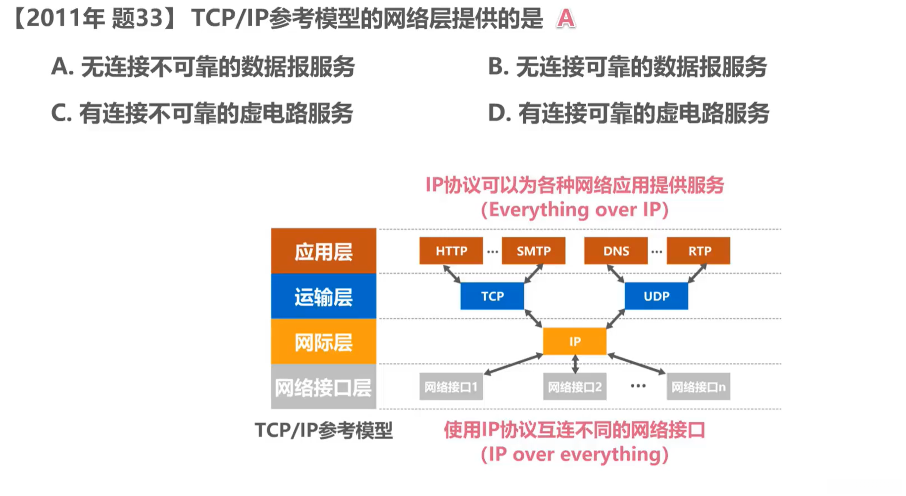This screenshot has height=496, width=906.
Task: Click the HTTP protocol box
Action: click(x=451, y=251)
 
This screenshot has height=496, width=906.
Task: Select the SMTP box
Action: click(x=533, y=251)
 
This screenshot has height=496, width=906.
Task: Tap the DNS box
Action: click(x=615, y=251)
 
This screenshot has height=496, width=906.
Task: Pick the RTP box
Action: click(x=698, y=251)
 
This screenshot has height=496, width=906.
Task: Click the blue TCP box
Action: click(x=492, y=296)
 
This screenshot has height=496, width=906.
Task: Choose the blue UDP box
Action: click(x=656, y=296)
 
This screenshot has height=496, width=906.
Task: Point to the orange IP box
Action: click(x=574, y=341)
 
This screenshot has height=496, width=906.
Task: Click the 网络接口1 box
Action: click(x=451, y=386)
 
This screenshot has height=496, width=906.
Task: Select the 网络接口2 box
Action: click(x=574, y=386)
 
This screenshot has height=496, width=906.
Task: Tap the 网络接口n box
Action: click(x=698, y=386)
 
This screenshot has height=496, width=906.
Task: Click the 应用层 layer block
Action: click(x=323, y=251)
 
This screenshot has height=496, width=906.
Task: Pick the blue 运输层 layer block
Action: click(x=323, y=296)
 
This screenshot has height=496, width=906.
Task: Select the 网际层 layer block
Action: click(x=323, y=342)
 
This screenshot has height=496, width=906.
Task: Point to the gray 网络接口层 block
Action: click(x=323, y=387)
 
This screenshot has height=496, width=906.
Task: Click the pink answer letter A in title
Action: click(x=565, y=19)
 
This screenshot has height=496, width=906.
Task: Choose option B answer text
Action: click(x=627, y=67)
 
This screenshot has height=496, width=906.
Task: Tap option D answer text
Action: click(x=628, y=113)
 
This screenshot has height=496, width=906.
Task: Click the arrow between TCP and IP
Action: click(x=533, y=319)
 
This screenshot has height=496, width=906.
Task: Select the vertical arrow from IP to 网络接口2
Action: click(x=575, y=364)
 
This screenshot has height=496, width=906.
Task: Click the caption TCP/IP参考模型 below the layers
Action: click(x=323, y=430)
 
